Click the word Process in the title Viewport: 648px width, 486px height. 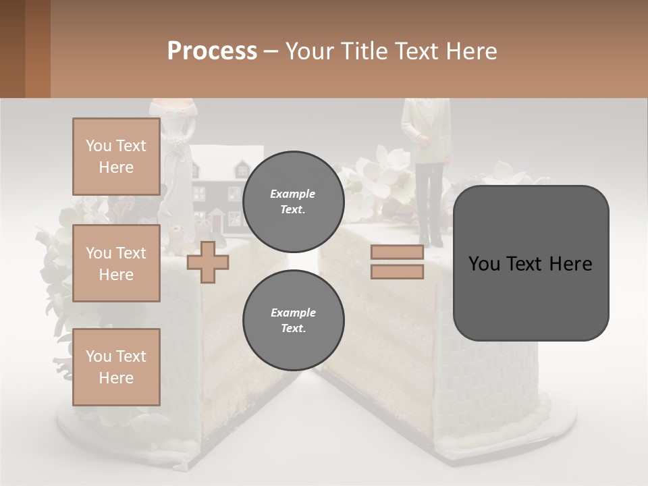tap(212, 51)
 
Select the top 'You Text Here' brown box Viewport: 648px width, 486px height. tap(116, 157)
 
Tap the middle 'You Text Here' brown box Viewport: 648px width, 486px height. tap(116, 263)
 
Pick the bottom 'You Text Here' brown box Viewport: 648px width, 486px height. tap(116, 367)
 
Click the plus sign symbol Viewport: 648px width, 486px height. tap(208, 262)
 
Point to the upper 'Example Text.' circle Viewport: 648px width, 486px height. tap(293, 202)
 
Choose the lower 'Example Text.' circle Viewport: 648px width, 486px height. tap(293, 321)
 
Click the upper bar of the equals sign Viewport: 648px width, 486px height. tap(397, 252)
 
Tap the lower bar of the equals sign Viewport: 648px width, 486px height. tap(397, 271)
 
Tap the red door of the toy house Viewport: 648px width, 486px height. tap(217, 221)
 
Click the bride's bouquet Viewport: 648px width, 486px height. tap(177, 145)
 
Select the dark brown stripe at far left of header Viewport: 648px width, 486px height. tap(12, 49)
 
